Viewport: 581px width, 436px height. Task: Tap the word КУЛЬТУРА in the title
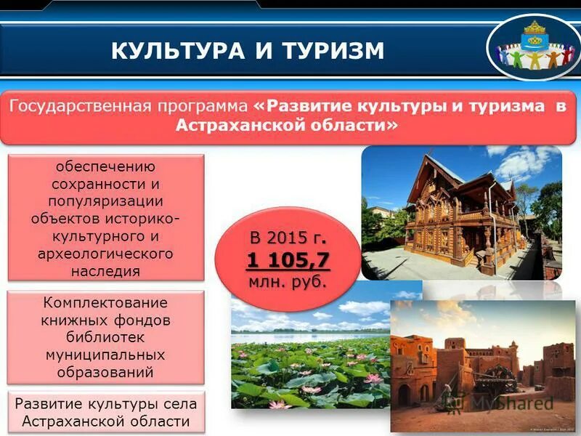coord(172,50)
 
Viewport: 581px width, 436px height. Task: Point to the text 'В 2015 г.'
coord(288,238)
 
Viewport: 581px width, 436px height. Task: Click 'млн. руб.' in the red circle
coord(288,280)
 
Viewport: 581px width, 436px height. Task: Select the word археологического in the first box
coord(106,254)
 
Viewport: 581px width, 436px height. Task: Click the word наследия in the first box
coord(106,271)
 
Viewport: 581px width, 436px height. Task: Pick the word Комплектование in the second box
coord(106,302)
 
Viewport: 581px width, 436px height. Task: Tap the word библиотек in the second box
coord(106,338)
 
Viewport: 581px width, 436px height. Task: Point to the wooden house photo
coord(461,211)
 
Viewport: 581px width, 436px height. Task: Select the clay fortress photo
coord(483,363)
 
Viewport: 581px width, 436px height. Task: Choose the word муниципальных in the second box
coord(106,355)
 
